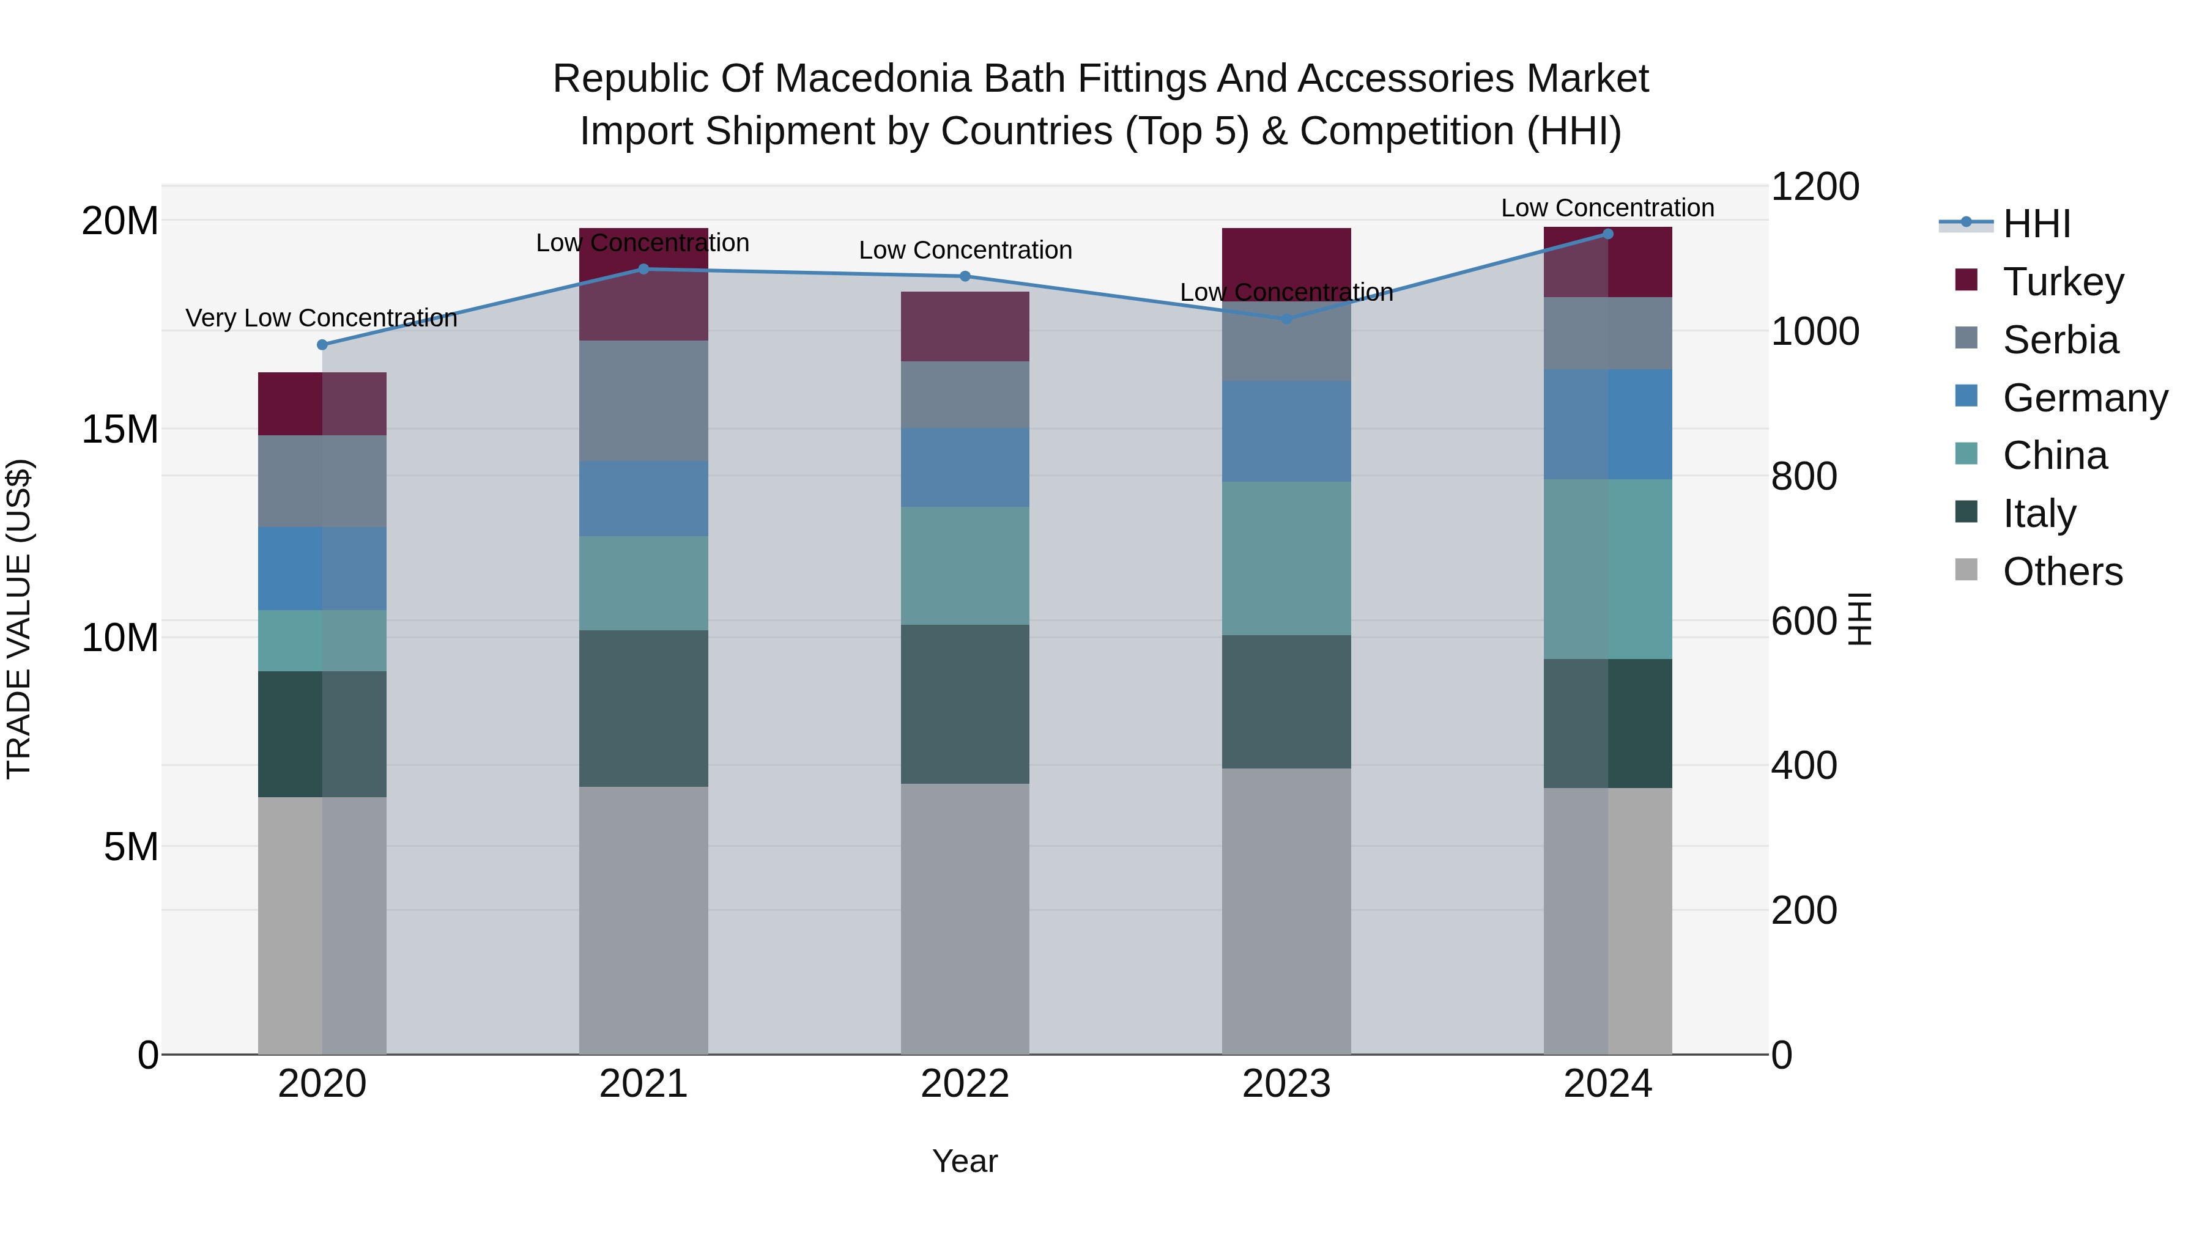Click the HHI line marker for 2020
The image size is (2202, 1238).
coord(322,344)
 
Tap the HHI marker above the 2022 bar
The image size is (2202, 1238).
coord(965,276)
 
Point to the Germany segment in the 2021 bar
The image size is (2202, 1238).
coord(643,498)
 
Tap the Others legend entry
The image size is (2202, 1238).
coord(2062,571)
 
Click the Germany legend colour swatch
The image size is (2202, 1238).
coord(1966,396)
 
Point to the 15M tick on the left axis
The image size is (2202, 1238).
coord(120,429)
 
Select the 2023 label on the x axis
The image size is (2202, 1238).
coord(1286,1083)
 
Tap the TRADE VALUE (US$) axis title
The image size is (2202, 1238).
coord(19,619)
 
